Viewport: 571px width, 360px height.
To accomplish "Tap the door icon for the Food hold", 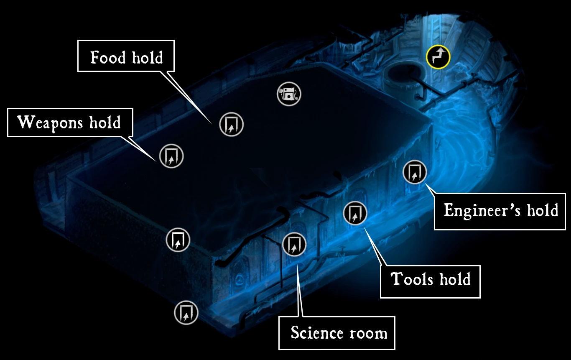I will click(231, 124).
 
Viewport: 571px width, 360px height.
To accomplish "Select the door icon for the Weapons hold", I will click(171, 156).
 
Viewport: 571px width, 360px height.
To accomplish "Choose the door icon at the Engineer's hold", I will click(414, 172).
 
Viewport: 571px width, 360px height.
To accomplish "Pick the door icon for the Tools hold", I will click(355, 213).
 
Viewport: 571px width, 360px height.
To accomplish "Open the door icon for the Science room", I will click(294, 244).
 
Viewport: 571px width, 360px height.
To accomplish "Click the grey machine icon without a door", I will click(288, 94).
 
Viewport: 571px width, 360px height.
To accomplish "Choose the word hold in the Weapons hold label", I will click(105, 123).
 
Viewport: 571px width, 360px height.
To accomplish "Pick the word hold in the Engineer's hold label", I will click(542, 210).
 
